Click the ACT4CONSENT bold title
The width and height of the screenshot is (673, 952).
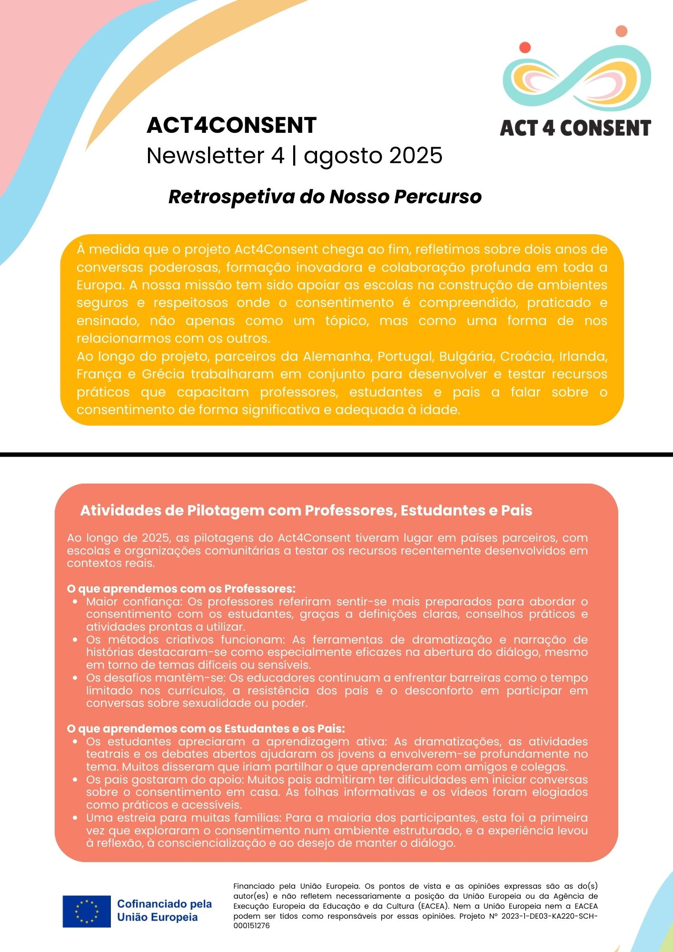(231, 125)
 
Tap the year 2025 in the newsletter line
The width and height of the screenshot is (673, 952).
(416, 156)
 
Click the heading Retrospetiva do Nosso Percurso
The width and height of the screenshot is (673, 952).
(325, 197)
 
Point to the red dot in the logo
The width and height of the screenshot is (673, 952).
(525, 47)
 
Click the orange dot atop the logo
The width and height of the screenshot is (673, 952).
(621, 31)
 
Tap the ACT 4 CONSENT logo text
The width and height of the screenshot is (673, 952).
(575, 128)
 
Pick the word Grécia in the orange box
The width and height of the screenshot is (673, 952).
(163, 374)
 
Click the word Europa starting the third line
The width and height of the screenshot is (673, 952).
(97, 285)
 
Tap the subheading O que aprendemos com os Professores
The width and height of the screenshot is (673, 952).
(181, 589)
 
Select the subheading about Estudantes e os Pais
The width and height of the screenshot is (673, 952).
(206, 729)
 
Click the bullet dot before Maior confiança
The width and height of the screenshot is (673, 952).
(76, 602)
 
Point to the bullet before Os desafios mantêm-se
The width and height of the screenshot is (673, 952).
(76, 678)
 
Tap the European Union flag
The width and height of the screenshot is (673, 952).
(87, 912)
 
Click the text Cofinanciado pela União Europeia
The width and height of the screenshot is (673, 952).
(164, 911)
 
